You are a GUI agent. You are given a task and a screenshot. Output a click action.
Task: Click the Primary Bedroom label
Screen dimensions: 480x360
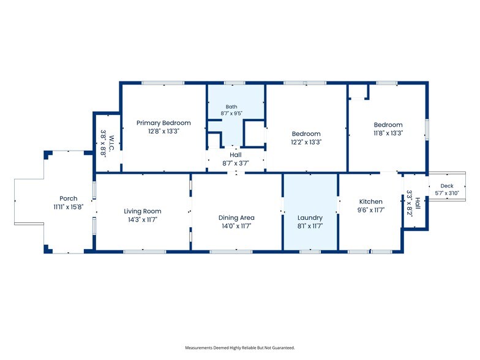pyautogui.click(x=163, y=122)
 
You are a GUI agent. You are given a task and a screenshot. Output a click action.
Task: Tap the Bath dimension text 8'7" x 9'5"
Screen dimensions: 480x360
pyautogui.click(x=231, y=113)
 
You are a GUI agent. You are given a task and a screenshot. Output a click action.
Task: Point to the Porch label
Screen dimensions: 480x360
pyautogui.click(x=69, y=198)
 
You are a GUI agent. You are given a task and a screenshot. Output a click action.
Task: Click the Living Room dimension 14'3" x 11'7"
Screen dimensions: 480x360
pyautogui.click(x=142, y=219)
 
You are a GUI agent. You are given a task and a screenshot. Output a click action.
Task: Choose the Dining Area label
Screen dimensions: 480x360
pyautogui.click(x=236, y=218)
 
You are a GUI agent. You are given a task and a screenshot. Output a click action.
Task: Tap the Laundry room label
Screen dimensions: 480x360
pyautogui.click(x=310, y=218)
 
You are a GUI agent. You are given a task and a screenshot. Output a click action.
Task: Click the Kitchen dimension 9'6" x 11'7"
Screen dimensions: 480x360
pyautogui.click(x=371, y=210)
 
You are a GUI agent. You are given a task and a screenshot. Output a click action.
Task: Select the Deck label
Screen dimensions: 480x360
pyautogui.click(x=447, y=186)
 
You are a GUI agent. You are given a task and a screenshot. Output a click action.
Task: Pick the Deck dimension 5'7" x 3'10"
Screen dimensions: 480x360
pyautogui.click(x=447, y=193)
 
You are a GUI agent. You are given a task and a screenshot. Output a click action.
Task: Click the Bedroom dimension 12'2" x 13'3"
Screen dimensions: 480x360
pyautogui.click(x=306, y=142)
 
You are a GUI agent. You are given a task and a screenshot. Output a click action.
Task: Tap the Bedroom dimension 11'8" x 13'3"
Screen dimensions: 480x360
pyautogui.click(x=388, y=133)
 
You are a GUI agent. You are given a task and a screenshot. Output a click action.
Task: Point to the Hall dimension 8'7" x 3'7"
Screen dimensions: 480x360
pyautogui.click(x=235, y=163)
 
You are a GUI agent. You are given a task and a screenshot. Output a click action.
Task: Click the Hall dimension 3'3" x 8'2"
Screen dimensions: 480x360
pyautogui.click(x=410, y=203)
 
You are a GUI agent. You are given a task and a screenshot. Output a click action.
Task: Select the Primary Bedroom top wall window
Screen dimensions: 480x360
pyautogui.click(x=163, y=83)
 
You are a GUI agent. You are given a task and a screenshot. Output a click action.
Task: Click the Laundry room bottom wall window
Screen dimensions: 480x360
pyautogui.click(x=310, y=252)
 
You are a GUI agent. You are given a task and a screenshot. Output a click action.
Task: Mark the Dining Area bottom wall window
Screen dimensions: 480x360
pyautogui.click(x=231, y=252)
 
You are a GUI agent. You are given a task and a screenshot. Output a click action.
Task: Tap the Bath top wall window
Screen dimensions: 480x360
pyautogui.click(x=234, y=83)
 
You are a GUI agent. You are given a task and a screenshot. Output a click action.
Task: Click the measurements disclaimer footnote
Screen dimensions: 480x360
pyautogui.click(x=240, y=348)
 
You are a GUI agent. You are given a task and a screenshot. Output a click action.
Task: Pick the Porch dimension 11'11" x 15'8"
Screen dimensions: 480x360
pyautogui.click(x=69, y=207)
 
